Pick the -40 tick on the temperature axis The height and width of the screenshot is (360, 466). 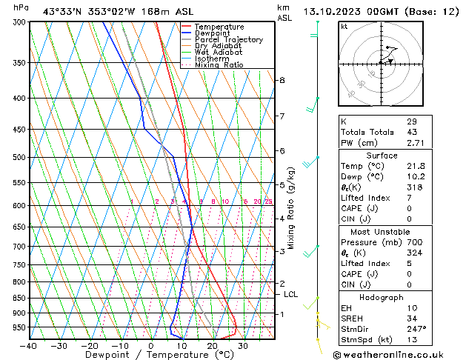coord(29,346)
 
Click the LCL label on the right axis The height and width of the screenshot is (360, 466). coord(291,294)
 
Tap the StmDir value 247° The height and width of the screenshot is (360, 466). coord(416,329)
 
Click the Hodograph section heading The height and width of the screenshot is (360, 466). coord(381,297)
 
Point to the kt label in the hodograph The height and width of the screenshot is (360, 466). coord(344,27)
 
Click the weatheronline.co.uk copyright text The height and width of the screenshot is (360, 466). coord(399,354)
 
